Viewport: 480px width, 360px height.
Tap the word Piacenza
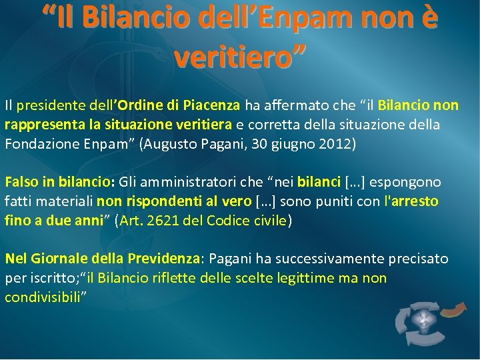pos(211,105)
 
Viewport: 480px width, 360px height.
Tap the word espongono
pos(407,182)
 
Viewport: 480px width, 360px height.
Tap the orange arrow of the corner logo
pos(454,308)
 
